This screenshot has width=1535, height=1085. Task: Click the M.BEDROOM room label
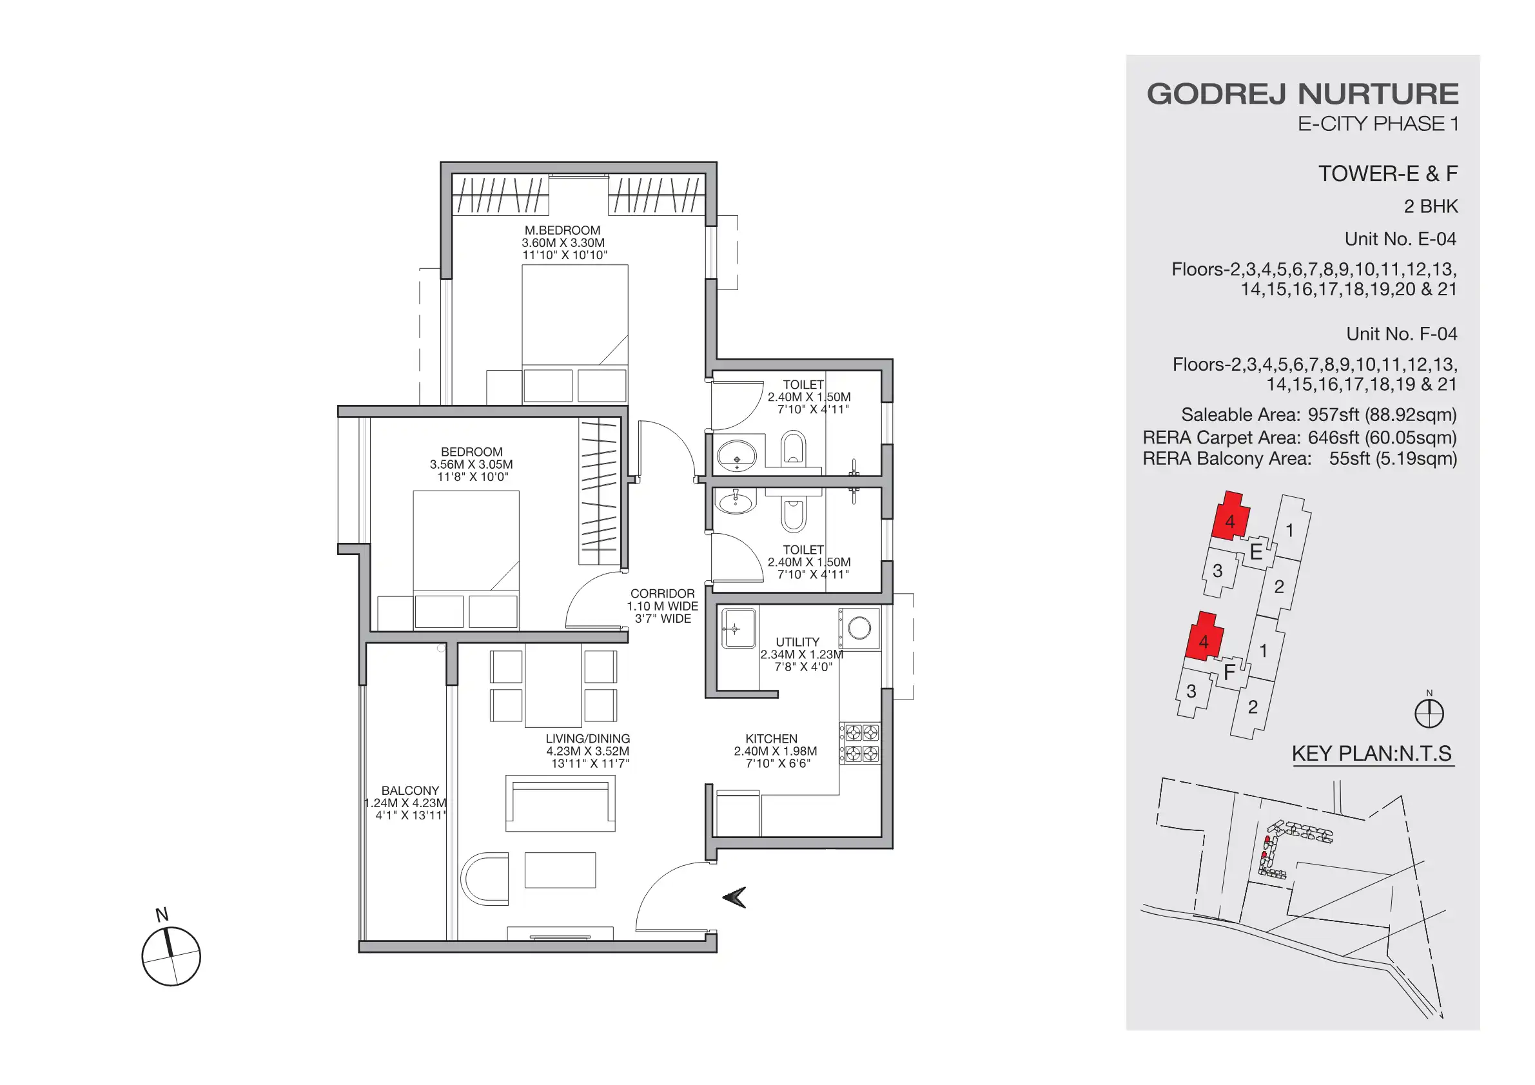point(562,230)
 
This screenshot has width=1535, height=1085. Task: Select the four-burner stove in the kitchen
point(861,743)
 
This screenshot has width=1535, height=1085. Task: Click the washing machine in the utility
point(859,628)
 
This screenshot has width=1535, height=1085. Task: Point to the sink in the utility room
point(738,629)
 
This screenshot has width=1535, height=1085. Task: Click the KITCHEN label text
point(771,739)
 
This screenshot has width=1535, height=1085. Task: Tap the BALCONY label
point(410,790)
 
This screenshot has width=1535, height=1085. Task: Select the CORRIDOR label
point(662,594)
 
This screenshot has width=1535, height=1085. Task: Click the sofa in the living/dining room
point(560,802)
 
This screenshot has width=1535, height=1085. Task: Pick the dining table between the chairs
point(553,685)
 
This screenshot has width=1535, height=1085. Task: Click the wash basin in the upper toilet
point(736,456)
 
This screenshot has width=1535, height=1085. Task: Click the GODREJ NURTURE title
point(1302,93)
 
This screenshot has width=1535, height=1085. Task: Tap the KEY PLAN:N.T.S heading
point(1371,754)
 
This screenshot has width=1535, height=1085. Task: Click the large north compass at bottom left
point(171,956)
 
